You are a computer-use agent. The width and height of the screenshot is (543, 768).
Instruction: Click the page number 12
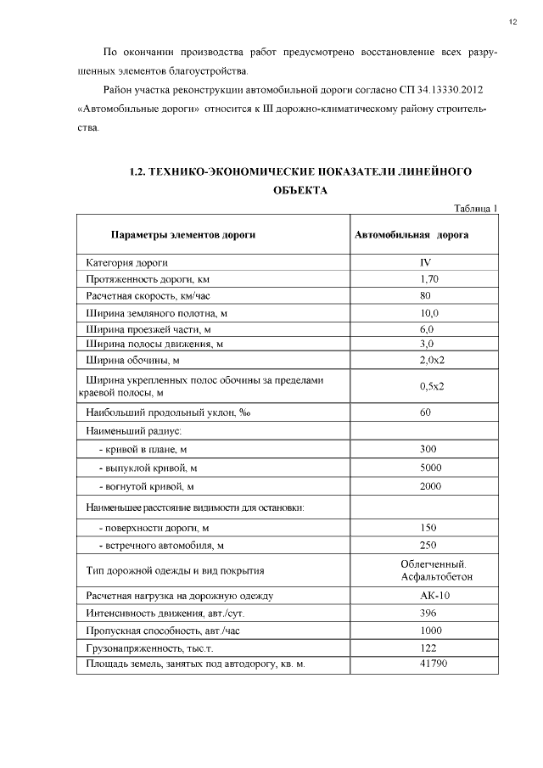513,20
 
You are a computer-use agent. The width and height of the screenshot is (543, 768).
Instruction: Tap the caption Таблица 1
475,208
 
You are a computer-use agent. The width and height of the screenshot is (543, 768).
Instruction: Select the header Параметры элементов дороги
183,235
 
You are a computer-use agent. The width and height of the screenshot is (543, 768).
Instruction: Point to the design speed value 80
426,295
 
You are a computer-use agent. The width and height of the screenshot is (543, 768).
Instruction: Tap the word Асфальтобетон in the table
436,577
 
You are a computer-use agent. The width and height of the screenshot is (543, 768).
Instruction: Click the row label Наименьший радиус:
134,431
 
